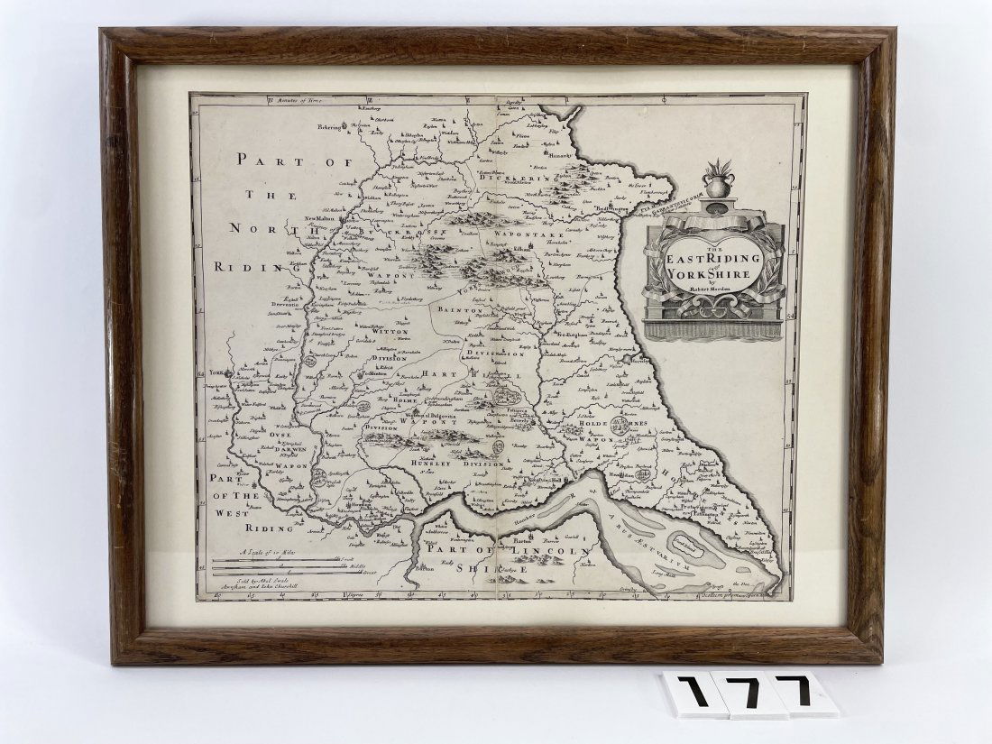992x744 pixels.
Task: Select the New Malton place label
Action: pos(319,218)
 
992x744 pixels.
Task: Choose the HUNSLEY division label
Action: pos(427,463)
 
